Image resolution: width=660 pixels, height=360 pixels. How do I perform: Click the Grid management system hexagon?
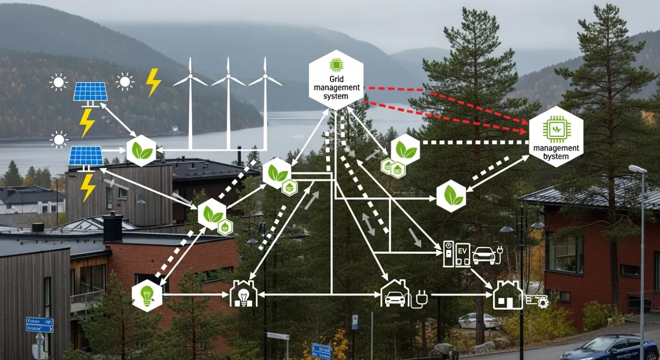click(336, 81)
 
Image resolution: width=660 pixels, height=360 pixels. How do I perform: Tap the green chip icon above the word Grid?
click(336, 64)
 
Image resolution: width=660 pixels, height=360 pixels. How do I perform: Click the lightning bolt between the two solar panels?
click(87, 122)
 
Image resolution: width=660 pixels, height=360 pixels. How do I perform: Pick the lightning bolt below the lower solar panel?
click(88, 187)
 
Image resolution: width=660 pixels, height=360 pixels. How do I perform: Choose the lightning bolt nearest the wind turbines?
click(153, 82)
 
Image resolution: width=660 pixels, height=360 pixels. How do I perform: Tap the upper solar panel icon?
click(90, 92)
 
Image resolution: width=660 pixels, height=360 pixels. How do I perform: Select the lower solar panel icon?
click(86, 156)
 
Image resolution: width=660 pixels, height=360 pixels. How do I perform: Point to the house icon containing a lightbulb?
click(244, 294)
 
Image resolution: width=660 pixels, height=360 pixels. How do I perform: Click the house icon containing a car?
click(395, 294)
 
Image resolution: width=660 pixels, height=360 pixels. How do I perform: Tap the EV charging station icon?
click(456, 254)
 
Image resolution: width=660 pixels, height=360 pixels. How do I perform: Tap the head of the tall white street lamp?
click(637, 169)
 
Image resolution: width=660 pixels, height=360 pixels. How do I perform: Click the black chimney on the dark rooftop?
click(113, 227)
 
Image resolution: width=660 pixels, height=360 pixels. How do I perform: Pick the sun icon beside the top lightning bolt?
click(125, 82)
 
